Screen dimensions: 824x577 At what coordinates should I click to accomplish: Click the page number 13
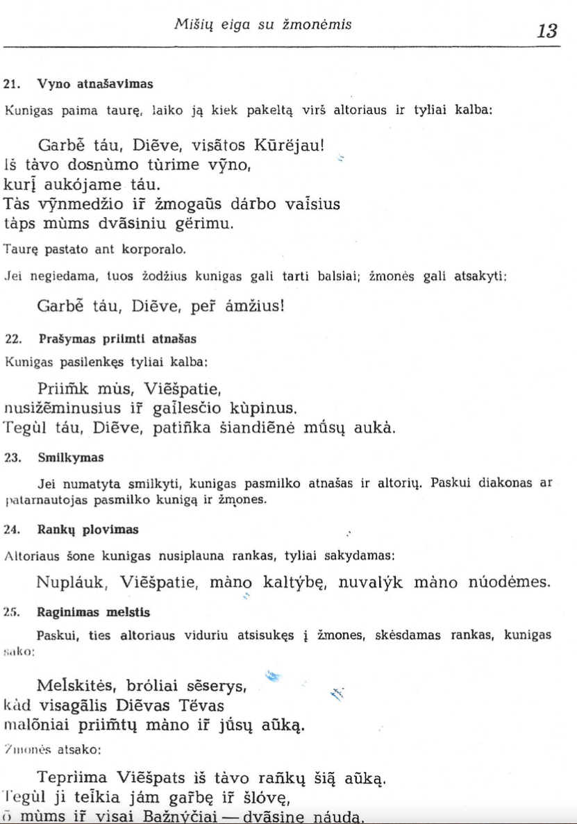(x=547, y=31)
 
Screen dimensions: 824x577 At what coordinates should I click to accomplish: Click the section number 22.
(x=11, y=339)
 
